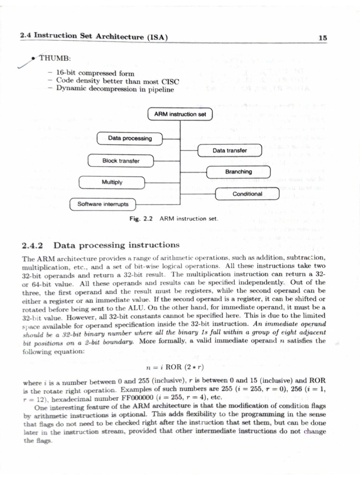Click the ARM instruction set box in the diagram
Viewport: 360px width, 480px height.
180,114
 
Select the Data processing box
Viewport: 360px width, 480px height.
129,139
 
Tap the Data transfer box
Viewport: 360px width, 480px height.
230,150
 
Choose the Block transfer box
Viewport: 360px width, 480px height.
121,161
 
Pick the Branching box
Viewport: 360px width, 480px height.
239,172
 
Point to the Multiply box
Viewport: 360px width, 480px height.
112,182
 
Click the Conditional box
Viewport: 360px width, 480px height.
247,194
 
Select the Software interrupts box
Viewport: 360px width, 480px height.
103,204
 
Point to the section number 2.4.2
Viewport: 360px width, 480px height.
33,245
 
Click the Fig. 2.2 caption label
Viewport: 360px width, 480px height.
142,219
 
